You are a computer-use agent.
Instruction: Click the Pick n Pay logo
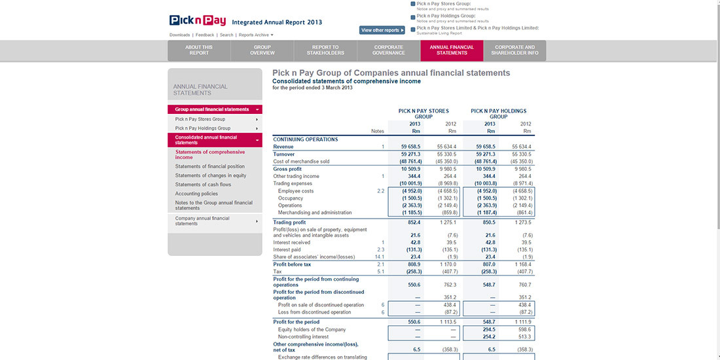198,21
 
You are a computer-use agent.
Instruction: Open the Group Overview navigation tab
262,50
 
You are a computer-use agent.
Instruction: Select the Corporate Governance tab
389,50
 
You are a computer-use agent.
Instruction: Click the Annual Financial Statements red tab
452,50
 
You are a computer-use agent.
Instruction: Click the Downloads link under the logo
179,35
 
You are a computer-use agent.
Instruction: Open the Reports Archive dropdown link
256,35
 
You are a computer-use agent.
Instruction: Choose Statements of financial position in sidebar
209,166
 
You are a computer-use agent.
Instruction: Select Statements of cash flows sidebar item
203,185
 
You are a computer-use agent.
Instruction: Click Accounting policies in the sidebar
196,194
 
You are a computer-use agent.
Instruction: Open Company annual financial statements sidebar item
202,221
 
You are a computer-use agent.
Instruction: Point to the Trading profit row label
289,223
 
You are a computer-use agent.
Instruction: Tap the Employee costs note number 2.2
380,191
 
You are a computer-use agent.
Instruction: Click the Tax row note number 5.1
380,271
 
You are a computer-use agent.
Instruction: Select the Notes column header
378,131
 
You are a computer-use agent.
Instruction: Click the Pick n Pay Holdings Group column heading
498,114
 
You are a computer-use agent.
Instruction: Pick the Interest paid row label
287,249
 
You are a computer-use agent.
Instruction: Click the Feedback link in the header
205,35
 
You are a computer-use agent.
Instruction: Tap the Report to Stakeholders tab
325,50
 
